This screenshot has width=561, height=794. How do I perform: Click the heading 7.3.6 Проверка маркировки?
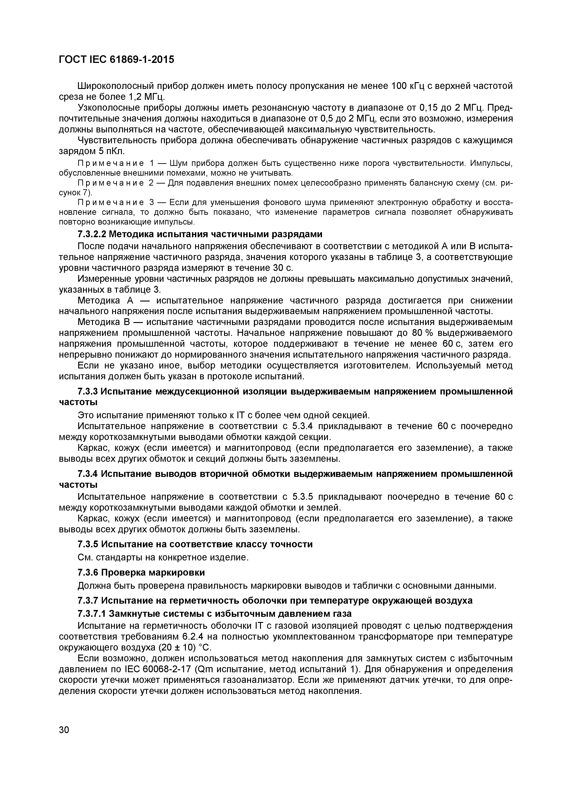click(141, 572)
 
